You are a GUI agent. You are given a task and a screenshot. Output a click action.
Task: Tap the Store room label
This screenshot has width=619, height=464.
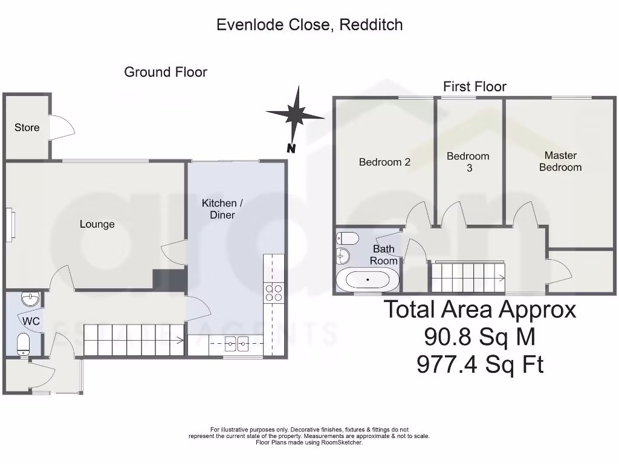27,127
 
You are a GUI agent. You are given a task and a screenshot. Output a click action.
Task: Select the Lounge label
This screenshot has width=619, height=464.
97,224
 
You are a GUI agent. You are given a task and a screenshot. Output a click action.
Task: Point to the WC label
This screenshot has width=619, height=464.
31,321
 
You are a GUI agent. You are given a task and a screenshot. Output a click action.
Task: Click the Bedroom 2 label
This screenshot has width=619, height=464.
384,162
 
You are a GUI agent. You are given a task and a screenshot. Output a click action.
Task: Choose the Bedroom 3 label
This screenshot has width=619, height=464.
468,162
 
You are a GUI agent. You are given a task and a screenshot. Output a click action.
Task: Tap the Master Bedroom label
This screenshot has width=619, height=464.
560,161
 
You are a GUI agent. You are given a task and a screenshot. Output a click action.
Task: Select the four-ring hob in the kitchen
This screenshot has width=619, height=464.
273,292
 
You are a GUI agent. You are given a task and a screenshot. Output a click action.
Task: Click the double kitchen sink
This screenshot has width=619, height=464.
236,344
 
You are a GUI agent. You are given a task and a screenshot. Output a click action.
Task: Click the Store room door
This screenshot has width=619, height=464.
62,127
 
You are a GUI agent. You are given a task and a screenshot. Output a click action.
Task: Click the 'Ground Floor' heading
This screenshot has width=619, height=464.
166,72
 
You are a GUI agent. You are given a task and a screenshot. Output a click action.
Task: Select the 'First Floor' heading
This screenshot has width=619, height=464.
475,87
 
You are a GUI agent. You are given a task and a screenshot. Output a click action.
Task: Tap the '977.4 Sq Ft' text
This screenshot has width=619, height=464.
480,364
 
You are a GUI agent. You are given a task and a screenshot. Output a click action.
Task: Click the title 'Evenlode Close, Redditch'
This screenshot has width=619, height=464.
309,25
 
